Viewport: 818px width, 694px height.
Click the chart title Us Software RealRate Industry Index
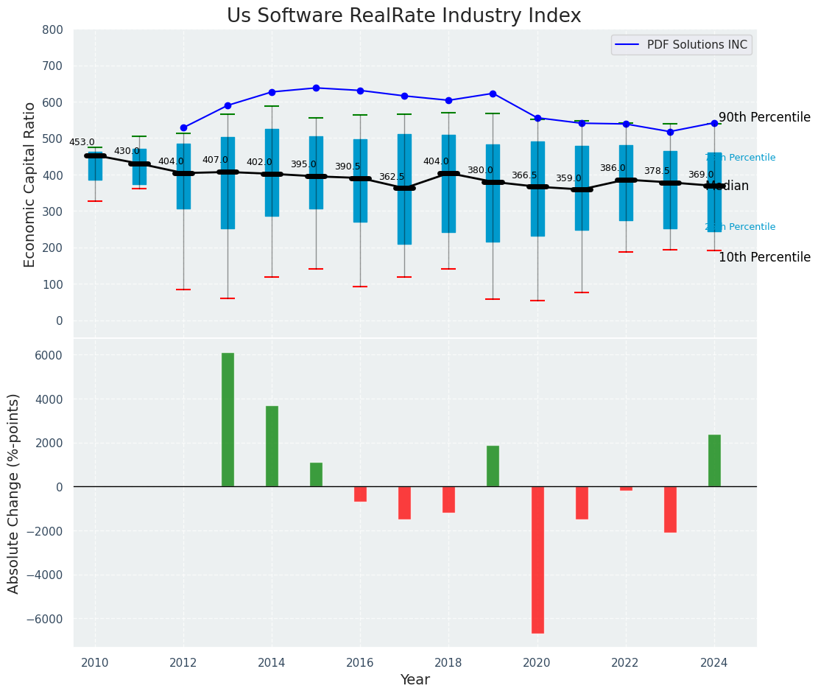[403, 16]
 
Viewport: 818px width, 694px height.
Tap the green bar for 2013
[228, 420]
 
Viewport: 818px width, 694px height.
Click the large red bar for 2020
[537, 560]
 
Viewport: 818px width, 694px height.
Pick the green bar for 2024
[714, 460]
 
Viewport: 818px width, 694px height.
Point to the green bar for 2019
[493, 466]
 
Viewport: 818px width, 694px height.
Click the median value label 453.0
[82, 142]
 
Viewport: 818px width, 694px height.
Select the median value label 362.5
[392, 177]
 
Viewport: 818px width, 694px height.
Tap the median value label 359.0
[568, 178]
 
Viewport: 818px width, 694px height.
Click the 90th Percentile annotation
[764, 118]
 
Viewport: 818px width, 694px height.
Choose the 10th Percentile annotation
[764, 257]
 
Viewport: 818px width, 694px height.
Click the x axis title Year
[415, 680]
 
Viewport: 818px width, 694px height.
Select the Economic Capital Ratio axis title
[30, 184]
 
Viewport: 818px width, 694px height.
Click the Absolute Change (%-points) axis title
[14, 493]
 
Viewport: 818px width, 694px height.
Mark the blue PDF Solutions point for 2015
[316, 88]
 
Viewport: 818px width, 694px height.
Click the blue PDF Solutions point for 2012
[183, 127]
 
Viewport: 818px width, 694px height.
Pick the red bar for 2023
[670, 510]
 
